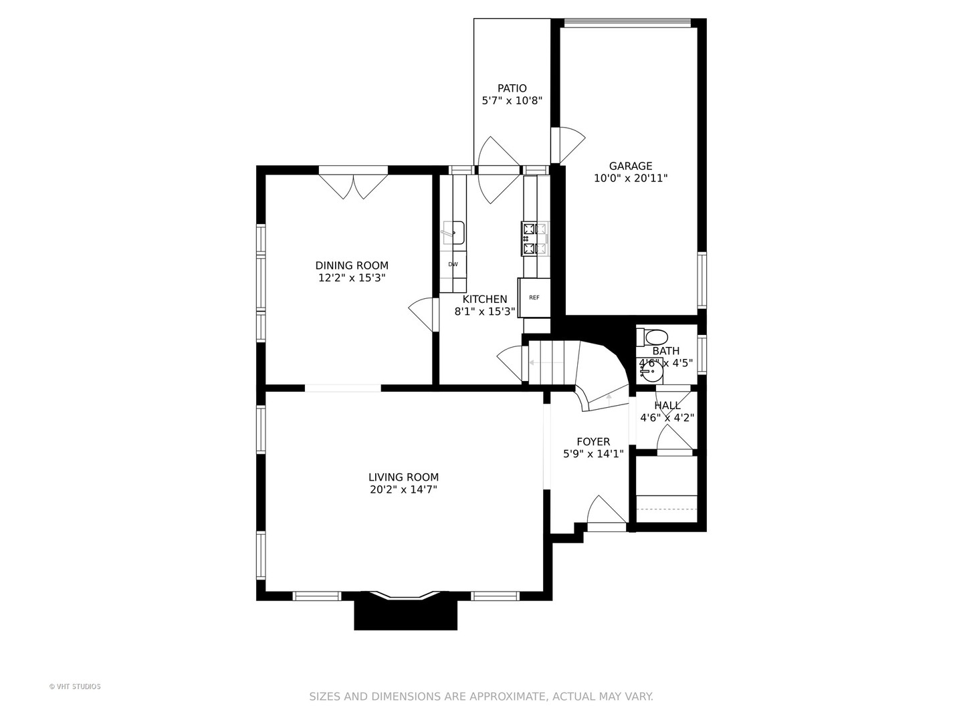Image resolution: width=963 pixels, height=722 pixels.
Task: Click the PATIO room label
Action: pos(512,88)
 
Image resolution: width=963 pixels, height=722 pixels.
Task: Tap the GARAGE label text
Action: pos(631,166)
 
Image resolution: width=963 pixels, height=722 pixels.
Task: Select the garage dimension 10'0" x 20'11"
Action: pos(631,178)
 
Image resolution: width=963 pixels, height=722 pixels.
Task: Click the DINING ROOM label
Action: pos(352,265)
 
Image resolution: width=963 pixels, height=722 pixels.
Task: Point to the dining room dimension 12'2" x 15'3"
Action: pos(352,277)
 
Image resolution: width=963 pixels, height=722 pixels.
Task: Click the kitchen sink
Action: pos(453,233)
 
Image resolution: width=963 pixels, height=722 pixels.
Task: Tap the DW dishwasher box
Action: pos(453,264)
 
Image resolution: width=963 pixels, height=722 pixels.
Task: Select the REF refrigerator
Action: pos(534,297)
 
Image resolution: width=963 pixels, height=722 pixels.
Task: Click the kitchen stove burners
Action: pos(535,239)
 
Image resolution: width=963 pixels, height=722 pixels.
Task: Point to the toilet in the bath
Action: pos(653,337)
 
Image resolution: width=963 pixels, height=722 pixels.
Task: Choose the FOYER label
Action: pos(593,441)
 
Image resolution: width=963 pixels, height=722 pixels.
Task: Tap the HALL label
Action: pos(667,406)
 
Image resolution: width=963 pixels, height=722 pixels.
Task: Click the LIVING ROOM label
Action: pos(403,477)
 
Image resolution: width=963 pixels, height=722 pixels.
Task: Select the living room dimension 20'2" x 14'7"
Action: pos(403,489)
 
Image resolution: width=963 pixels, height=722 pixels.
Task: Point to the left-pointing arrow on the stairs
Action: pos(546,362)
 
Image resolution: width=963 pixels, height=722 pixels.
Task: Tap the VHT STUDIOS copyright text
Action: pos(75,687)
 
